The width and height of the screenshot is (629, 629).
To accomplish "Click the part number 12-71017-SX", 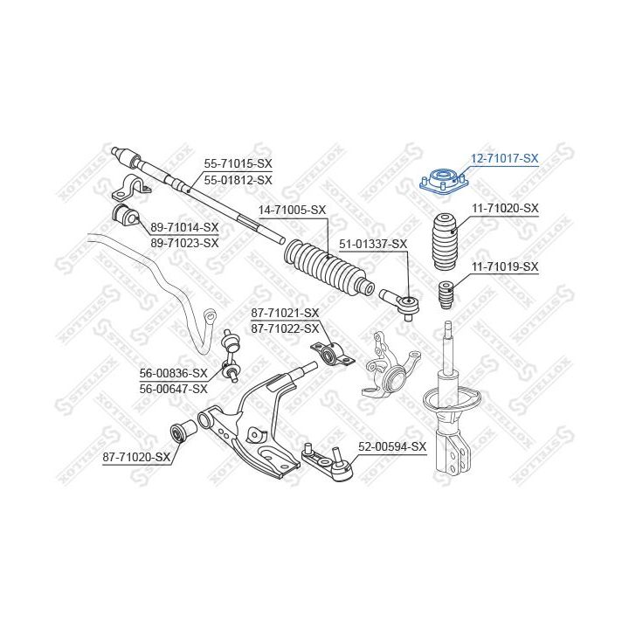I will (505, 159).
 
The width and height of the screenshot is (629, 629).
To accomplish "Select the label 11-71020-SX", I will (505, 208).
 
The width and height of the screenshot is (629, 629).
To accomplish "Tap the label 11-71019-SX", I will (505, 266).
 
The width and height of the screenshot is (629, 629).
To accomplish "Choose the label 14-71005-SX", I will (292, 210).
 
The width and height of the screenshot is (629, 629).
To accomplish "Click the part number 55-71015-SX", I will (238, 163).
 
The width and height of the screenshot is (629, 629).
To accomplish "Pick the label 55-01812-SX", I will (238, 180).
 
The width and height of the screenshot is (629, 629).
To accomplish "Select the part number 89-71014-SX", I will (184, 227).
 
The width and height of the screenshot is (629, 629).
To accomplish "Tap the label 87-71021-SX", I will (285, 313).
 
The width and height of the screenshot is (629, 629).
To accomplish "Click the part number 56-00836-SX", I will (174, 373).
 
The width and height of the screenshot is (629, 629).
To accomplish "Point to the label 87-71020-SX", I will (136, 456).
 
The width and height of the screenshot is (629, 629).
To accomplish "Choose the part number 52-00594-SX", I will (392, 446).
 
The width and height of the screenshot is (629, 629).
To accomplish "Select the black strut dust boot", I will (445, 238).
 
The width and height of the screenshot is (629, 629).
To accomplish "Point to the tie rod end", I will (404, 302).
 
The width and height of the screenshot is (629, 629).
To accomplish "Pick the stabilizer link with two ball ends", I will (232, 354).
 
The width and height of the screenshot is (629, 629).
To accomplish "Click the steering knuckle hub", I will (387, 366).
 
